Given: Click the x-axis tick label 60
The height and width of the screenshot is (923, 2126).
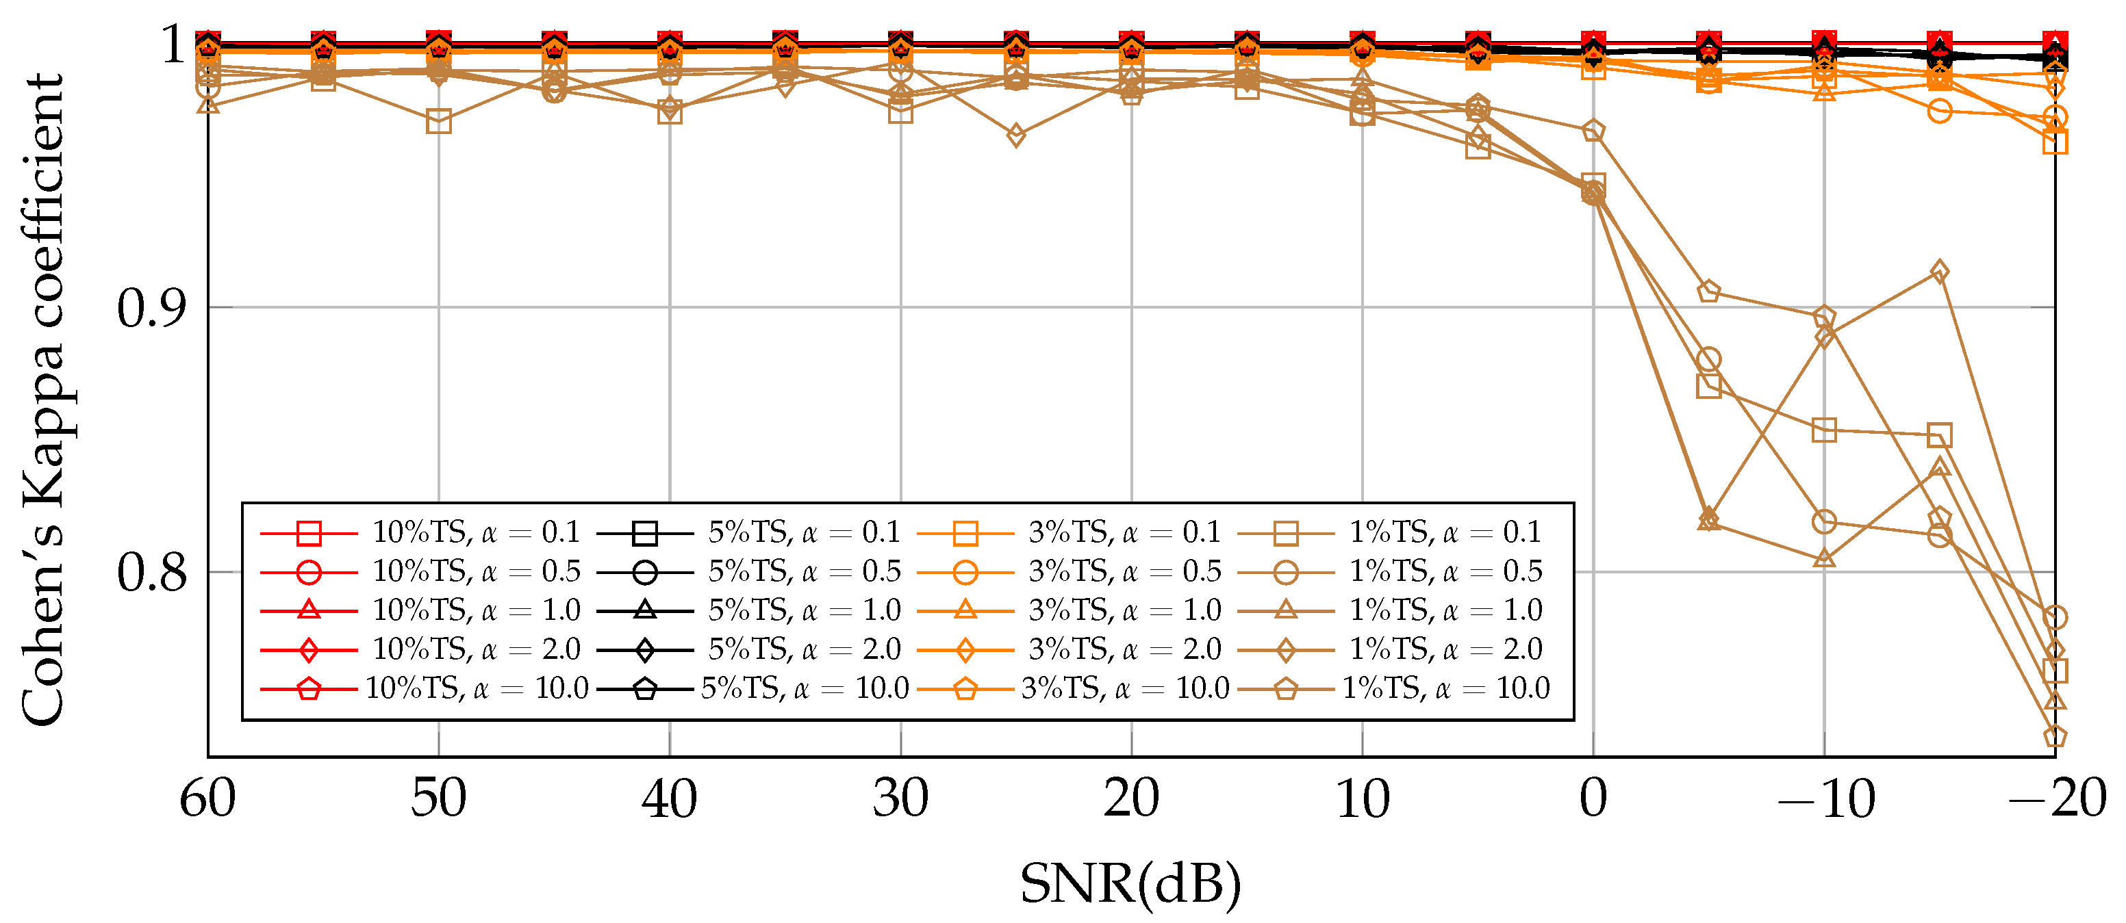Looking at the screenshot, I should click(208, 799).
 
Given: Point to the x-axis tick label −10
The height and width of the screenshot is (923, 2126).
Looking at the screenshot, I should click(1825, 799).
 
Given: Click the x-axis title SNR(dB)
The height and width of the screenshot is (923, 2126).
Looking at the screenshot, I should click(1130, 883).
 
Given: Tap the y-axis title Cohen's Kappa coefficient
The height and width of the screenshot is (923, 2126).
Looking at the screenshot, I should click(43, 400).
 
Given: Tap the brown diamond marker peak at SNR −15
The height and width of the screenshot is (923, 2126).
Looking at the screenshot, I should click(1940, 272).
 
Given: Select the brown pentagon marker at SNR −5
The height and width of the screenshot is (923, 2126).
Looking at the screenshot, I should click(1708, 292).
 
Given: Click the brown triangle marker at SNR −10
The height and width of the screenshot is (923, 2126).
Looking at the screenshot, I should click(1825, 558).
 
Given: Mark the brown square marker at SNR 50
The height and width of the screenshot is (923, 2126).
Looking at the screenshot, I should click(439, 122).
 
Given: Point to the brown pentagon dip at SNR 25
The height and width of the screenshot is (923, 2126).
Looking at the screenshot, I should click(1016, 135).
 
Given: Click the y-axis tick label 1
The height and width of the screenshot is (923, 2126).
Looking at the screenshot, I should click(175, 44).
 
